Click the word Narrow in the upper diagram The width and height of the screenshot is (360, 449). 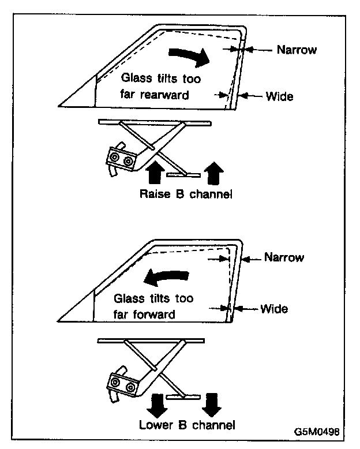297,50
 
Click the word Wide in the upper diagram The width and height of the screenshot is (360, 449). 279,96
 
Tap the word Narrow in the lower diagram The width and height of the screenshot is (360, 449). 284,257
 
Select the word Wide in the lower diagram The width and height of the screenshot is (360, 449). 274,309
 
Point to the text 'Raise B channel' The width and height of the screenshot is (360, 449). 186,194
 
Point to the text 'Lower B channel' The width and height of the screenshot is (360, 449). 187,425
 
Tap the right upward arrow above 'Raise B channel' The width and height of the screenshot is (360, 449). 214,172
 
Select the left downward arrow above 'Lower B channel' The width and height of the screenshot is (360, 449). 155,403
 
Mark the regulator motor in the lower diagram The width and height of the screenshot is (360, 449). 123,384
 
